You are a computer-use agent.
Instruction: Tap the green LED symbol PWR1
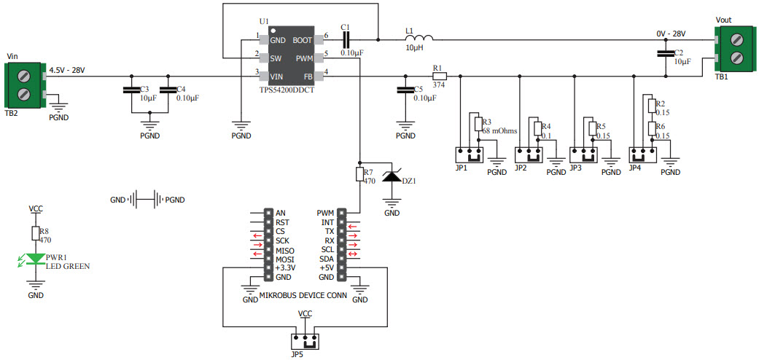[x=35, y=259]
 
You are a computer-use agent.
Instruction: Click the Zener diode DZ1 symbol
[x=392, y=176]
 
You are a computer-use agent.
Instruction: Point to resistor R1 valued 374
[x=439, y=76]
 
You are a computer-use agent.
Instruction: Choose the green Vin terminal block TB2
[x=24, y=82]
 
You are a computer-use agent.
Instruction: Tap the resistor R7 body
[x=359, y=174]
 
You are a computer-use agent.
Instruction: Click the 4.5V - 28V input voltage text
[x=67, y=70]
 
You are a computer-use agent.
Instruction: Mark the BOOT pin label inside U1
[x=303, y=41]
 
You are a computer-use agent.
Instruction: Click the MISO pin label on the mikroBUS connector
[x=284, y=250]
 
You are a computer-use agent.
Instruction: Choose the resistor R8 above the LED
[x=35, y=232]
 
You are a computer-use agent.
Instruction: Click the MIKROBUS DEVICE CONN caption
[x=303, y=296]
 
